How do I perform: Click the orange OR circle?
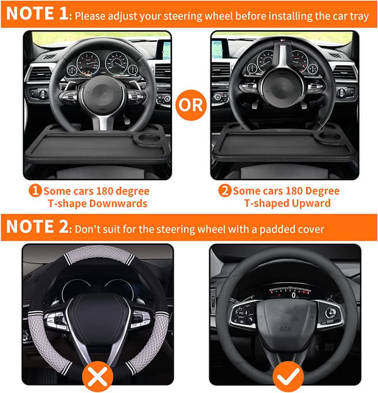pyautogui.click(x=191, y=105)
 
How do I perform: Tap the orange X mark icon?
pyautogui.click(x=98, y=377)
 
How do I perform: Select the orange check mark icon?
pyautogui.click(x=289, y=377)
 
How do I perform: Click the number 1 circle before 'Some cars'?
pyautogui.click(x=35, y=191)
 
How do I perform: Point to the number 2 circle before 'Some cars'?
pyautogui.click(x=224, y=191)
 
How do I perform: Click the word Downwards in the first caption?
pyautogui.click(x=118, y=203)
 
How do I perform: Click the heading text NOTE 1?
pyautogui.click(x=37, y=13)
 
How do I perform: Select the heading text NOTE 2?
pyautogui.click(x=37, y=226)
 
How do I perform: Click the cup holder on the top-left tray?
pyautogui.click(x=149, y=139)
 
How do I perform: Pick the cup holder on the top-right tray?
pyautogui.click(x=330, y=137)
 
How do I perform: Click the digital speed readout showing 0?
pyautogui.click(x=294, y=295)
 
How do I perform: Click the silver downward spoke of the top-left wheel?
pyautogui.click(x=103, y=122)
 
